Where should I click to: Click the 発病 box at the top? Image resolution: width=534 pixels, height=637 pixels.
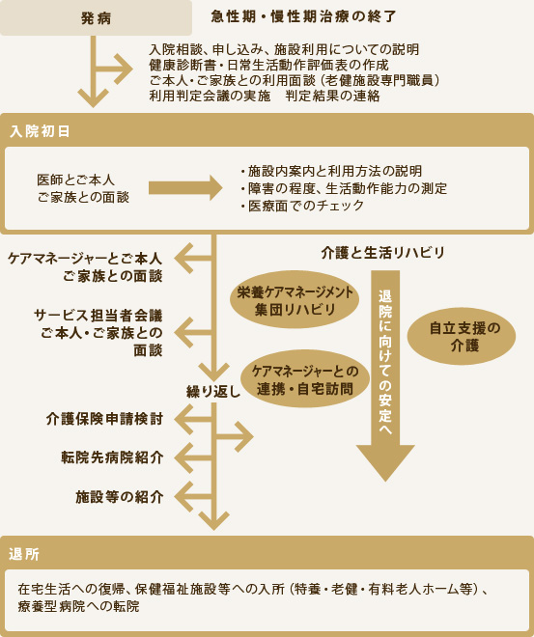point(96,17)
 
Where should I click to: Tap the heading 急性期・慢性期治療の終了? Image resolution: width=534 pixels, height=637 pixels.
point(303,16)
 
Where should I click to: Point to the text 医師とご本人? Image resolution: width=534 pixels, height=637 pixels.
point(76,180)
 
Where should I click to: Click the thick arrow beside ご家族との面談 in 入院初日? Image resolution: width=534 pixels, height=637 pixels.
point(185,187)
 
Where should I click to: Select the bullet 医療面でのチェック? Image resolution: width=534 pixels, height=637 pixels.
point(301,206)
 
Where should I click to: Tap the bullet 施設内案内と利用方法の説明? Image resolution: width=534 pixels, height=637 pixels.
point(330,171)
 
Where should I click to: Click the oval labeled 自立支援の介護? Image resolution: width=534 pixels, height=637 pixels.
point(462,337)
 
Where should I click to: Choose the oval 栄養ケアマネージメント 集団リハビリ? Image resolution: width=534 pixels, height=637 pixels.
point(295,300)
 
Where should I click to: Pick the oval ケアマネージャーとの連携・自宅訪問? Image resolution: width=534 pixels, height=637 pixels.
point(305,379)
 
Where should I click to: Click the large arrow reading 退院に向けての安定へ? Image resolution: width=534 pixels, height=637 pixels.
point(385,375)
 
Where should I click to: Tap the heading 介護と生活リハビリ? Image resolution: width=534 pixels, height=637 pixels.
point(382,253)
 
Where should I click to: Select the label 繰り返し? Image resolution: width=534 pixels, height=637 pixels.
point(213,392)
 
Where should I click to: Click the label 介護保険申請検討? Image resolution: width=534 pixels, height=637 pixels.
point(104,419)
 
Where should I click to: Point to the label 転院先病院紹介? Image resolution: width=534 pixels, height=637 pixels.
point(112,457)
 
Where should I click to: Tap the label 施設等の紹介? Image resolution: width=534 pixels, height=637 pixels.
point(120,497)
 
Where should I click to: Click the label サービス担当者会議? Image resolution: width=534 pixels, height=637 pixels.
point(98,316)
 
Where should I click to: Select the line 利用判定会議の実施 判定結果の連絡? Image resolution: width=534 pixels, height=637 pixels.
point(265,96)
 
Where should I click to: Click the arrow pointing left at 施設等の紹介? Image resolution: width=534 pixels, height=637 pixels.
point(194,497)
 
